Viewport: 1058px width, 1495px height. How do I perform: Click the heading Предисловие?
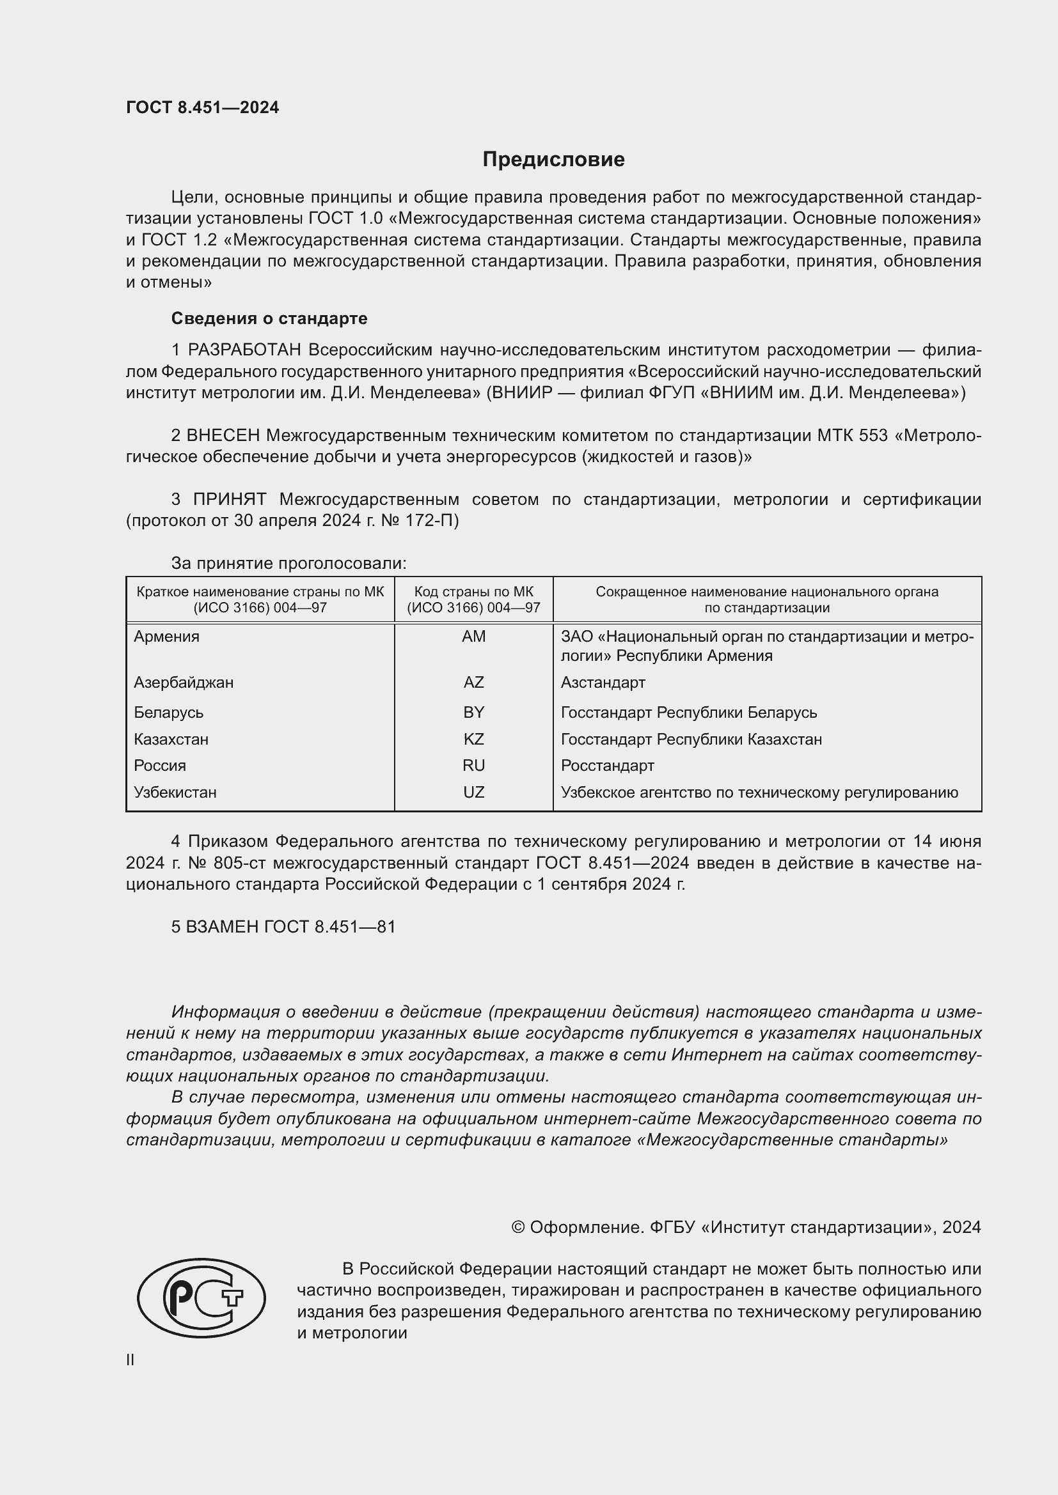tap(553, 160)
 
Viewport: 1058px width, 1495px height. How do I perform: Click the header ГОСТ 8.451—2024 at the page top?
tap(203, 108)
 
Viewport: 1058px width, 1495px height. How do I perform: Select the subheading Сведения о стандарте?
tap(269, 318)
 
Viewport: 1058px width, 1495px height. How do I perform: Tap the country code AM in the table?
tap(473, 637)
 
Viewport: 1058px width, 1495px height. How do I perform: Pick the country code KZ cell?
tap(473, 739)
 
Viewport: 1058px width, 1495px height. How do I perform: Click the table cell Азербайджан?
tap(184, 683)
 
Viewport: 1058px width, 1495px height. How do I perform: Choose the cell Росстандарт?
tap(607, 766)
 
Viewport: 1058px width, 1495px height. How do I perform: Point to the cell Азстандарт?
tap(603, 683)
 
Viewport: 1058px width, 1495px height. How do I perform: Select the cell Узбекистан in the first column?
tap(175, 793)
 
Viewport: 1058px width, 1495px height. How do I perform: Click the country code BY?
tap(473, 712)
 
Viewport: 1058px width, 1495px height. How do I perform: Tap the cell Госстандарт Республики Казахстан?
tap(691, 739)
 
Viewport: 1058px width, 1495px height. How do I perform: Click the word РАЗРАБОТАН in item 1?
tap(244, 350)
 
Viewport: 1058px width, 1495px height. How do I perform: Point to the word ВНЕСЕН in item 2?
tap(223, 435)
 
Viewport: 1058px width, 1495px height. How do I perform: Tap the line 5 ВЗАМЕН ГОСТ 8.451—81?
tap(283, 927)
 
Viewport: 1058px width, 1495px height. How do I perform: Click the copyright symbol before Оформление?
tap(518, 1227)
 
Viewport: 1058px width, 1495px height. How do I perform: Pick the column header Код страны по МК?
tap(473, 592)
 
